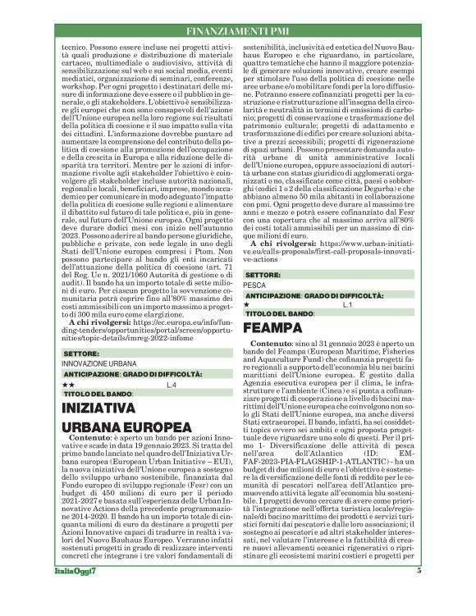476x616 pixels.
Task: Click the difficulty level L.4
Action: (171, 384)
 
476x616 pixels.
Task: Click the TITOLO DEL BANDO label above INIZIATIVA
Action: (98, 394)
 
